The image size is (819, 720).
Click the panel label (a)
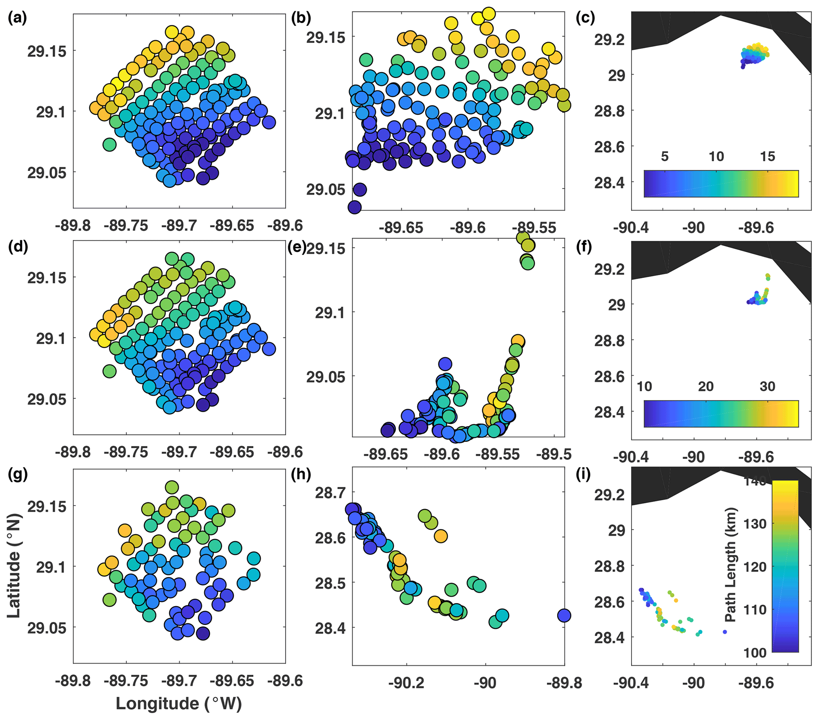pyautogui.click(x=17, y=19)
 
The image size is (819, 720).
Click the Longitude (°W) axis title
pyautogui.click(x=179, y=703)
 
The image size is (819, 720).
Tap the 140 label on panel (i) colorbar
pyautogui.click(x=755, y=481)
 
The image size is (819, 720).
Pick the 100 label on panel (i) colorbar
pyautogui.click(x=755, y=653)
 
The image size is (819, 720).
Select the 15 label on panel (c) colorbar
pyautogui.click(x=767, y=156)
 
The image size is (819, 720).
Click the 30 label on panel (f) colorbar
pyautogui.click(x=767, y=387)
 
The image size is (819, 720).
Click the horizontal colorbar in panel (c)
pyautogui.click(x=721, y=184)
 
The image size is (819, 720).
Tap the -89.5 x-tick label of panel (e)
pyautogui.click(x=555, y=455)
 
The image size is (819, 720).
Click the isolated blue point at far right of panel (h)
pyautogui.click(x=564, y=615)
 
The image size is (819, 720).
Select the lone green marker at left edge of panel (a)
pyautogui.click(x=109, y=144)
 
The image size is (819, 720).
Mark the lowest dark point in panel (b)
pyautogui.click(x=355, y=207)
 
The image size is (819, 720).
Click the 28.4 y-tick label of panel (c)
pyautogui.click(x=610, y=182)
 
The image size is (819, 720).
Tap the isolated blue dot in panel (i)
pyautogui.click(x=725, y=632)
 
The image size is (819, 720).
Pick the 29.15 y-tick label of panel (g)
pyautogui.click(x=46, y=506)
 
